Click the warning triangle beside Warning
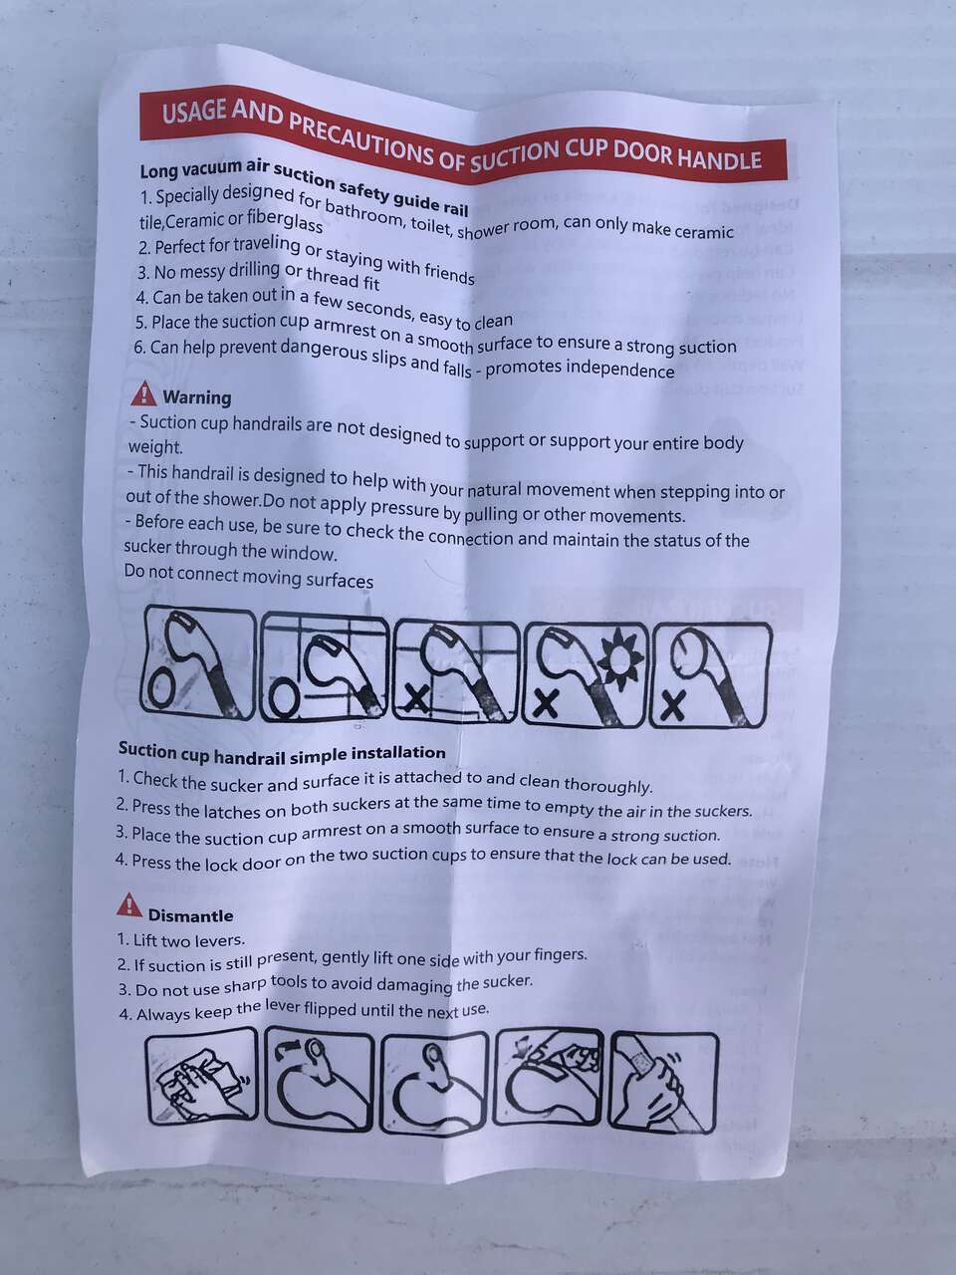coord(143,393)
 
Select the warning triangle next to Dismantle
coord(129,904)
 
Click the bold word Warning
coord(197,397)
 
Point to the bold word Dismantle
coord(190,915)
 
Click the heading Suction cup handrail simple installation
coord(282,753)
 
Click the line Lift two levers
coord(181,938)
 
